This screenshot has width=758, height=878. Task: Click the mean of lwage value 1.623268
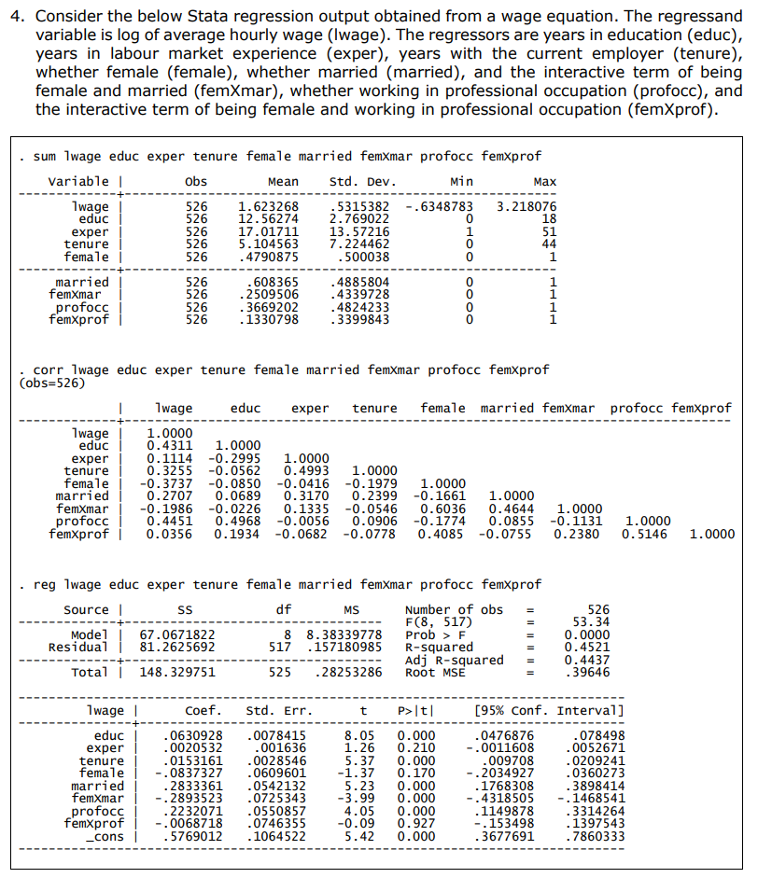click(269, 206)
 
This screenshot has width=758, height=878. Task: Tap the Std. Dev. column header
click(363, 181)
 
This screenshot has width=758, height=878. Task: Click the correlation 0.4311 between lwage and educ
click(171, 446)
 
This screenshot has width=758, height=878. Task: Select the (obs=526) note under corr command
click(52, 383)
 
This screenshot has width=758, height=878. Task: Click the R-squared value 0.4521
click(593, 647)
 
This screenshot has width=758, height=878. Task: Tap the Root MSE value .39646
click(593, 672)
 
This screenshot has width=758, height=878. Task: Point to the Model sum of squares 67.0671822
click(177, 634)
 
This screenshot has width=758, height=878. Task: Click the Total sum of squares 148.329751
click(177, 672)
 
